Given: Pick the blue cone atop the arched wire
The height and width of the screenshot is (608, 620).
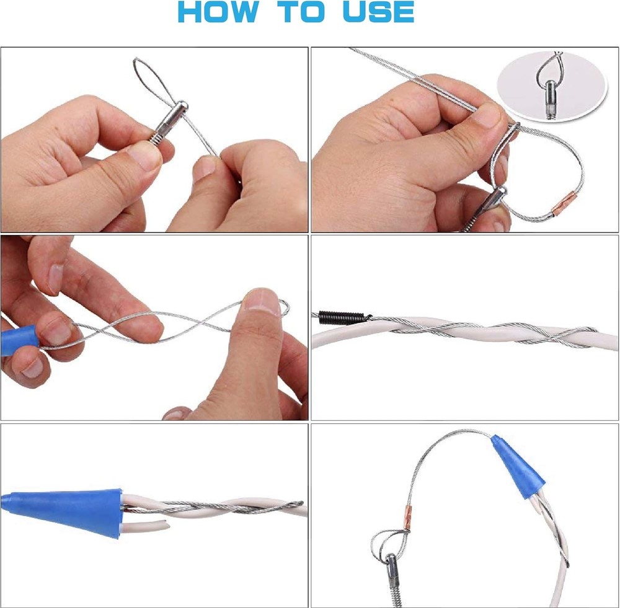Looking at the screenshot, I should point(517,462).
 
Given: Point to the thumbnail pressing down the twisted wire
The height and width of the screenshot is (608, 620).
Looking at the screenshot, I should point(263,301).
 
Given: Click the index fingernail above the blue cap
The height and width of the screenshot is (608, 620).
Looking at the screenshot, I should point(56,278).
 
